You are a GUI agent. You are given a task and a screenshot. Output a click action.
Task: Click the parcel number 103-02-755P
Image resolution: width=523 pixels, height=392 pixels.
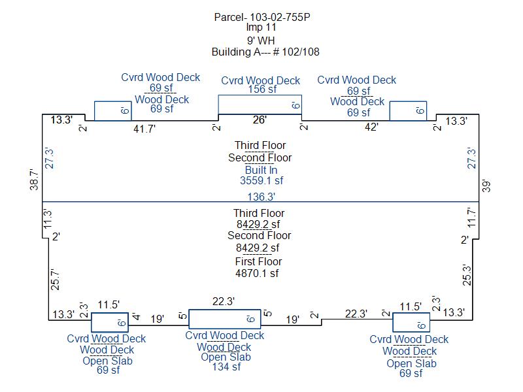pyautogui.click(x=280, y=17)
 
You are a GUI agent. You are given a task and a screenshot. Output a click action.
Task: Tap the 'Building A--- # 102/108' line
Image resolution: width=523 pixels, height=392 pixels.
pyautogui.click(x=265, y=52)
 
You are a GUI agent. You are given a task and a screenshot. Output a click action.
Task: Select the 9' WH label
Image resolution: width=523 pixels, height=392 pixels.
pyautogui.click(x=261, y=41)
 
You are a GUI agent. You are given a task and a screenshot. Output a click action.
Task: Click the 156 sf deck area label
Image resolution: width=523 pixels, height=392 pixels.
pyautogui.click(x=262, y=90)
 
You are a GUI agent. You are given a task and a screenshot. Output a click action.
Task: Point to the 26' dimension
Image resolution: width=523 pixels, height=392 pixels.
pyautogui.click(x=260, y=120)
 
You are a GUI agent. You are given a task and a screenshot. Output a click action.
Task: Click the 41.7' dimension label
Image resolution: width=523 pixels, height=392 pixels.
pyautogui.click(x=144, y=129)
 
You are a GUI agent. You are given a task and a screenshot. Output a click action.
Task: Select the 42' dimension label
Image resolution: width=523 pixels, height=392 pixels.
pyautogui.click(x=371, y=127)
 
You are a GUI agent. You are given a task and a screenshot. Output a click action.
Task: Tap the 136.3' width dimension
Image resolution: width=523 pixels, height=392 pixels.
pyautogui.click(x=261, y=197)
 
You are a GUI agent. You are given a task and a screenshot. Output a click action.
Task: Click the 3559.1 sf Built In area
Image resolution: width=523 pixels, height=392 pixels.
pyautogui.click(x=261, y=181)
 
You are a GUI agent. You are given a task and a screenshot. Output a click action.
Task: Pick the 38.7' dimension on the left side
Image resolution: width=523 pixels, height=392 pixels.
pyautogui.click(x=34, y=179)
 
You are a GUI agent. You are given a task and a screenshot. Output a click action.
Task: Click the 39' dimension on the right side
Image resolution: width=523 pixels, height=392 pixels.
pyautogui.click(x=486, y=186)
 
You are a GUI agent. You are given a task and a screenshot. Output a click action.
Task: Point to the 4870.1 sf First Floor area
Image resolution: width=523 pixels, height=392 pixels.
pyautogui.click(x=257, y=273)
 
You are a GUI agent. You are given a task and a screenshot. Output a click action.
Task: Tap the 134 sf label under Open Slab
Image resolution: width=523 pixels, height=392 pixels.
pyautogui.click(x=226, y=367)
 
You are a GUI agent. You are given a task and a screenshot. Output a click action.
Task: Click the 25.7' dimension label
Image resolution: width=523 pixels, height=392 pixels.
pyautogui.click(x=56, y=279)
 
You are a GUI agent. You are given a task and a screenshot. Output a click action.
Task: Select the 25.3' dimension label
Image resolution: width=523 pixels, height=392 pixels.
pyautogui.click(x=467, y=275)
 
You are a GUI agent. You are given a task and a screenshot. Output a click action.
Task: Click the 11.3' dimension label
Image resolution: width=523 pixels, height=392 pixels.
pyautogui.click(x=48, y=219)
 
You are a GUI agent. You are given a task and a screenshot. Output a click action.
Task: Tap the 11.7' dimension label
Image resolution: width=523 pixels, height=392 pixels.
pyautogui.click(x=471, y=218)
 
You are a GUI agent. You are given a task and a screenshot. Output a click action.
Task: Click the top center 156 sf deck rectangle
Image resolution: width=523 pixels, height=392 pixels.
pyautogui.click(x=260, y=95)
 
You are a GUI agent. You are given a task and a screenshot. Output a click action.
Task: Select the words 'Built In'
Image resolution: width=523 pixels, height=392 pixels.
pyautogui.click(x=261, y=170)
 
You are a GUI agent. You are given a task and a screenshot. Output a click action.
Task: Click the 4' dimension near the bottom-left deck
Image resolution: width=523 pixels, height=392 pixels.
pyautogui.click(x=136, y=316)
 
